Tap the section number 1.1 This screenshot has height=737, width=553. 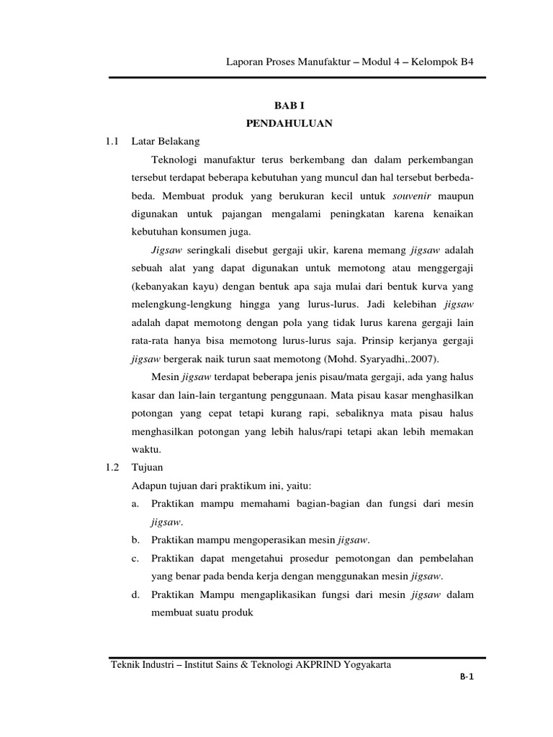111,141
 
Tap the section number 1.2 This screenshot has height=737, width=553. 111,467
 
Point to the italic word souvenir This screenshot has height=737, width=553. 412,196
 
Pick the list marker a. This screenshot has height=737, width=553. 135,504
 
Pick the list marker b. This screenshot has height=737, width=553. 135,540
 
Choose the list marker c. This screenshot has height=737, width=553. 135,558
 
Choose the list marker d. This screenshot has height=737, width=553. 135,594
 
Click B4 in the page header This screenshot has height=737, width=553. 466,63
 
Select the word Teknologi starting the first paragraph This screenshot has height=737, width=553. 179,159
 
